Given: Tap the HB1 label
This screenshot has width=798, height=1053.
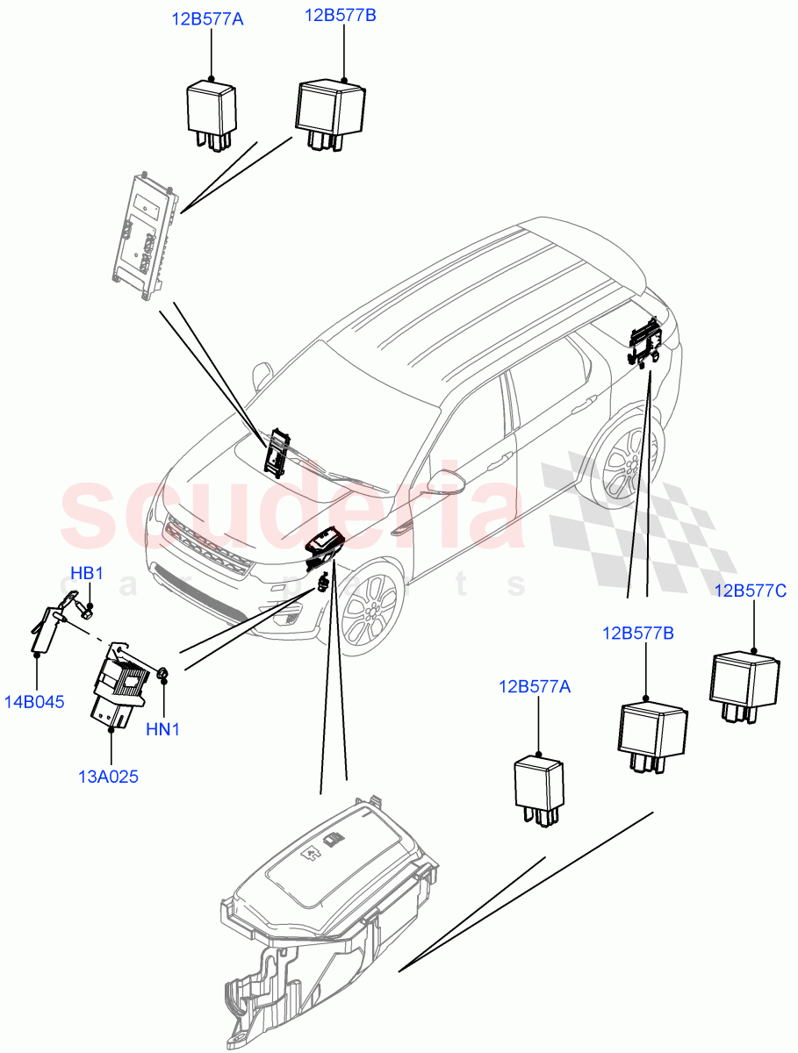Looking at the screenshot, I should tap(87, 574).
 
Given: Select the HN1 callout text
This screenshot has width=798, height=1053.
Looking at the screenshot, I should tap(162, 728).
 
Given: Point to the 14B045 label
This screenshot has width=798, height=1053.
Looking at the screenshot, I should tap(36, 702).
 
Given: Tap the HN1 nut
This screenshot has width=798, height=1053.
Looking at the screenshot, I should tap(162, 674).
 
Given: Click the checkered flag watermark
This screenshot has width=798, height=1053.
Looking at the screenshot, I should tap(641, 526).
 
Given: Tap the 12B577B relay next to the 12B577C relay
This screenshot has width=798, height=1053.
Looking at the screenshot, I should tap(652, 734).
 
